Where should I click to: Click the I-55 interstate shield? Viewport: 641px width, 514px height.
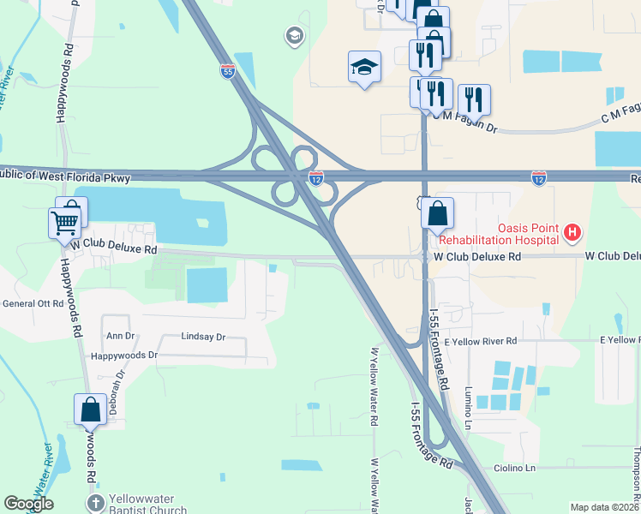coord(227,71)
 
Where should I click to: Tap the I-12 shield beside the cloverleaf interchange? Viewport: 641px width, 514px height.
coord(316,178)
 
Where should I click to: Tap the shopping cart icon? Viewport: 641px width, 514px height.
coord(64,224)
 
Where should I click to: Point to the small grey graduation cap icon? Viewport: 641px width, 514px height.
coord(295,36)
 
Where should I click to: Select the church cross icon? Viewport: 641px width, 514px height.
coord(95,502)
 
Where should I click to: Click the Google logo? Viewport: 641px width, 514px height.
coord(27,504)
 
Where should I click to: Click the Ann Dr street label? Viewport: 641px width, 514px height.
coord(120,336)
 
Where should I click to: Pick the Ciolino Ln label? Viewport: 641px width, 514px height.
coord(514,468)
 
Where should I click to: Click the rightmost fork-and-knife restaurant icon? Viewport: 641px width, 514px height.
coord(474,99)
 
